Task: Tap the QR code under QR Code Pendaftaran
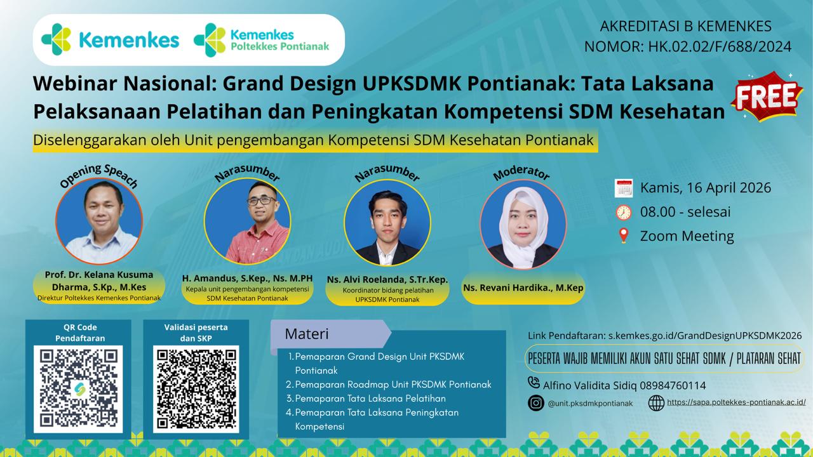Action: pyautogui.click(x=78, y=389)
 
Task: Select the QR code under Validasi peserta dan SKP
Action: pyautogui.click(x=196, y=389)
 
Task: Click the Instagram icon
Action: pyautogui.click(x=536, y=403)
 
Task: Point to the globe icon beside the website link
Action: pyautogui.click(x=656, y=403)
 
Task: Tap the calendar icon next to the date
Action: pyautogui.click(x=624, y=188)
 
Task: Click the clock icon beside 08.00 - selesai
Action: pyautogui.click(x=624, y=212)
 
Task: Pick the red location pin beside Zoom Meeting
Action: pyautogui.click(x=624, y=235)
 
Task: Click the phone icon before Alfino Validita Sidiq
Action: pyautogui.click(x=534, y=383)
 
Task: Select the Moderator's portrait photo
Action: pyautogui.click(x=523, y=224)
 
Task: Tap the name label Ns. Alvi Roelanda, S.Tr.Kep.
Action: pyautogui.click(x=387, y=280)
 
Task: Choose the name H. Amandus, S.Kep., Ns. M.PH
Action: pyautogui.click(x=247, y=279)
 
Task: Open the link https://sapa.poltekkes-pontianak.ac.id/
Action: pyautogui.click(x=736, y=402)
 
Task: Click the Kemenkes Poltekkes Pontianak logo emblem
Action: pyautogui.click(x=210, y=40)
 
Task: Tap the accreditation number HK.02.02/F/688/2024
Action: pyautogui.click(x=720, y=46)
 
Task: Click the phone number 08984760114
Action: pyautogui.click(x=673, y=385)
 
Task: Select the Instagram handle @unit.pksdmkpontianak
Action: pyautogui.click(x=590, y=403)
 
